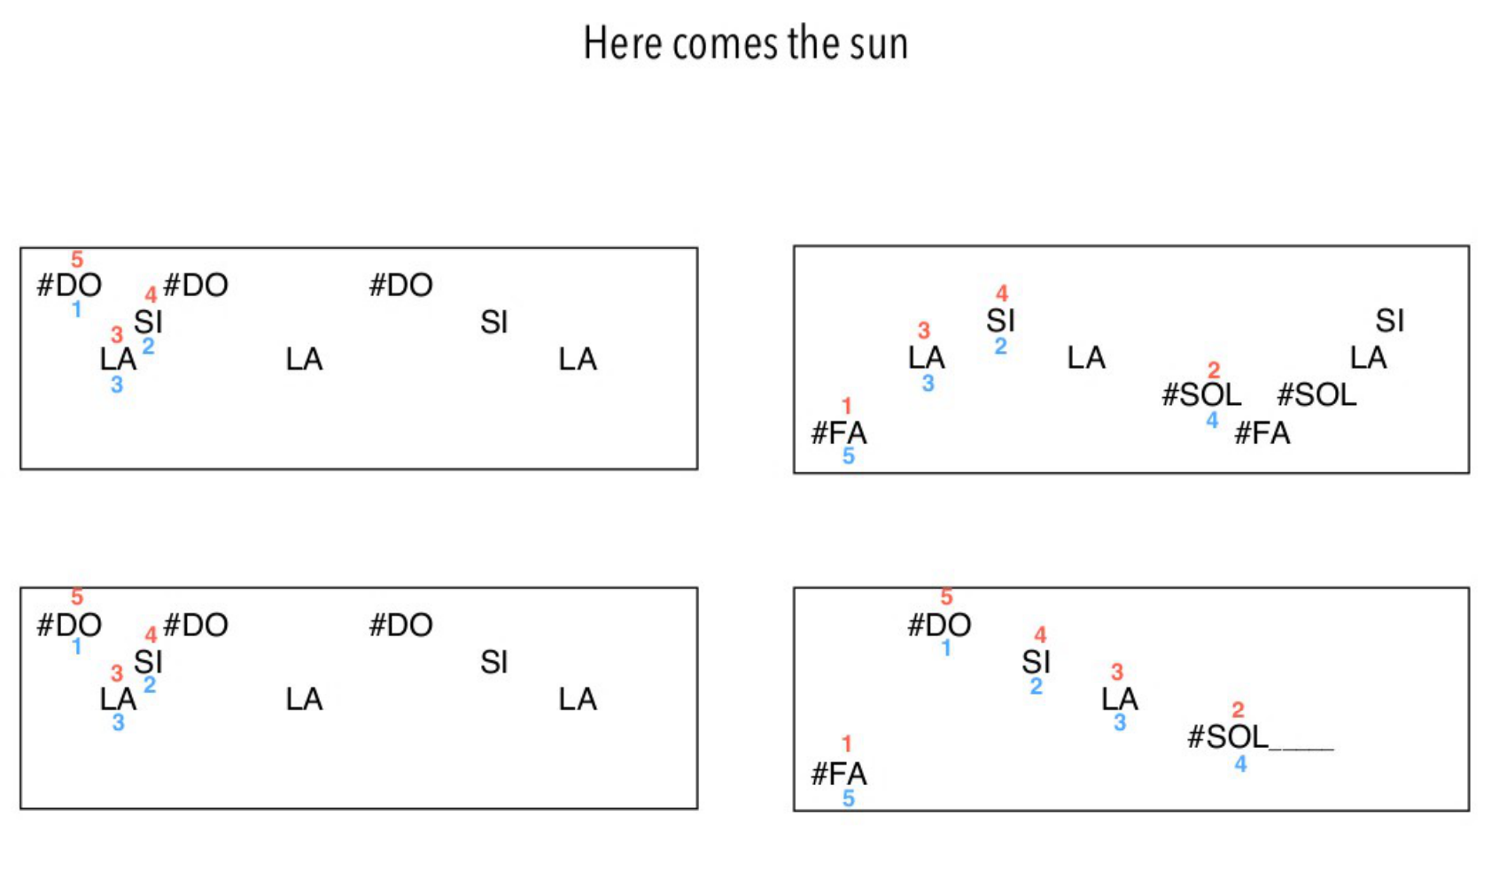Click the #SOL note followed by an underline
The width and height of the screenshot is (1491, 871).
[x=1227, y=736]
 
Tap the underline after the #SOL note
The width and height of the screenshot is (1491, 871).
[x=1301, y=748]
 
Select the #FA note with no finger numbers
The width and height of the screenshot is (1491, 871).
[x=1262, y=433]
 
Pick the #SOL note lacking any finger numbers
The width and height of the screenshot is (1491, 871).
[x=1316, y=394]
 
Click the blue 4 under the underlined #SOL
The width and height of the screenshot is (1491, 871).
[x=1240, y=764]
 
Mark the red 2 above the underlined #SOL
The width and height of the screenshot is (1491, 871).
[x=1238, y=710]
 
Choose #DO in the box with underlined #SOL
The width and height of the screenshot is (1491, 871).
[x=939, y=625]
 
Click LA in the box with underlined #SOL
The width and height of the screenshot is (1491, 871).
[x=1119, y=699]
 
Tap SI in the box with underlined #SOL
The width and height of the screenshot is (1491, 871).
[x=1036, y=662]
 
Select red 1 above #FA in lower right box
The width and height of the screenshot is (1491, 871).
[x=847, y=743]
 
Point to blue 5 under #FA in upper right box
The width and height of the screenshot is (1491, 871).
[x=848, y=456]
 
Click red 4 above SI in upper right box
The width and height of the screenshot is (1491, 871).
[x=1001, y=293]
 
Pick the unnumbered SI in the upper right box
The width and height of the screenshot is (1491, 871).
[x=1389, y=320]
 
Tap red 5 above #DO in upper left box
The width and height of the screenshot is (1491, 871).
[x=77, y=260]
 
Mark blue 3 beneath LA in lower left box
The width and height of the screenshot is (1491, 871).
[x=118, y=723]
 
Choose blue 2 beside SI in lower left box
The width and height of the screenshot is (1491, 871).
[x=150, y=685]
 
